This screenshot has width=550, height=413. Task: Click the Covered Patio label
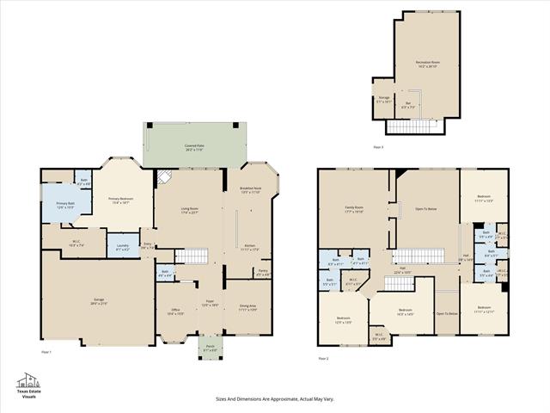point(193,148)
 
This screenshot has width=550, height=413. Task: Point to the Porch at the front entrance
point(211,348)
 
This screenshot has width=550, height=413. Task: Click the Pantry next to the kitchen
point(262,274)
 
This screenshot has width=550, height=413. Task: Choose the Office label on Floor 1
point(174,311)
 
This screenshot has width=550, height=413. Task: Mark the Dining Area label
point(247,307)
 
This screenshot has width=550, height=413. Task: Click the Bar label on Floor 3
point(407,106)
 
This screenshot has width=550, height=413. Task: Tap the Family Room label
point(354,208)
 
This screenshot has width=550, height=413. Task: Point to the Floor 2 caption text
point(323,357)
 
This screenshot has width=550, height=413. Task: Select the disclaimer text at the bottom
point(274,399)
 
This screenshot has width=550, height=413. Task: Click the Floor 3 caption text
point(378,147)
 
